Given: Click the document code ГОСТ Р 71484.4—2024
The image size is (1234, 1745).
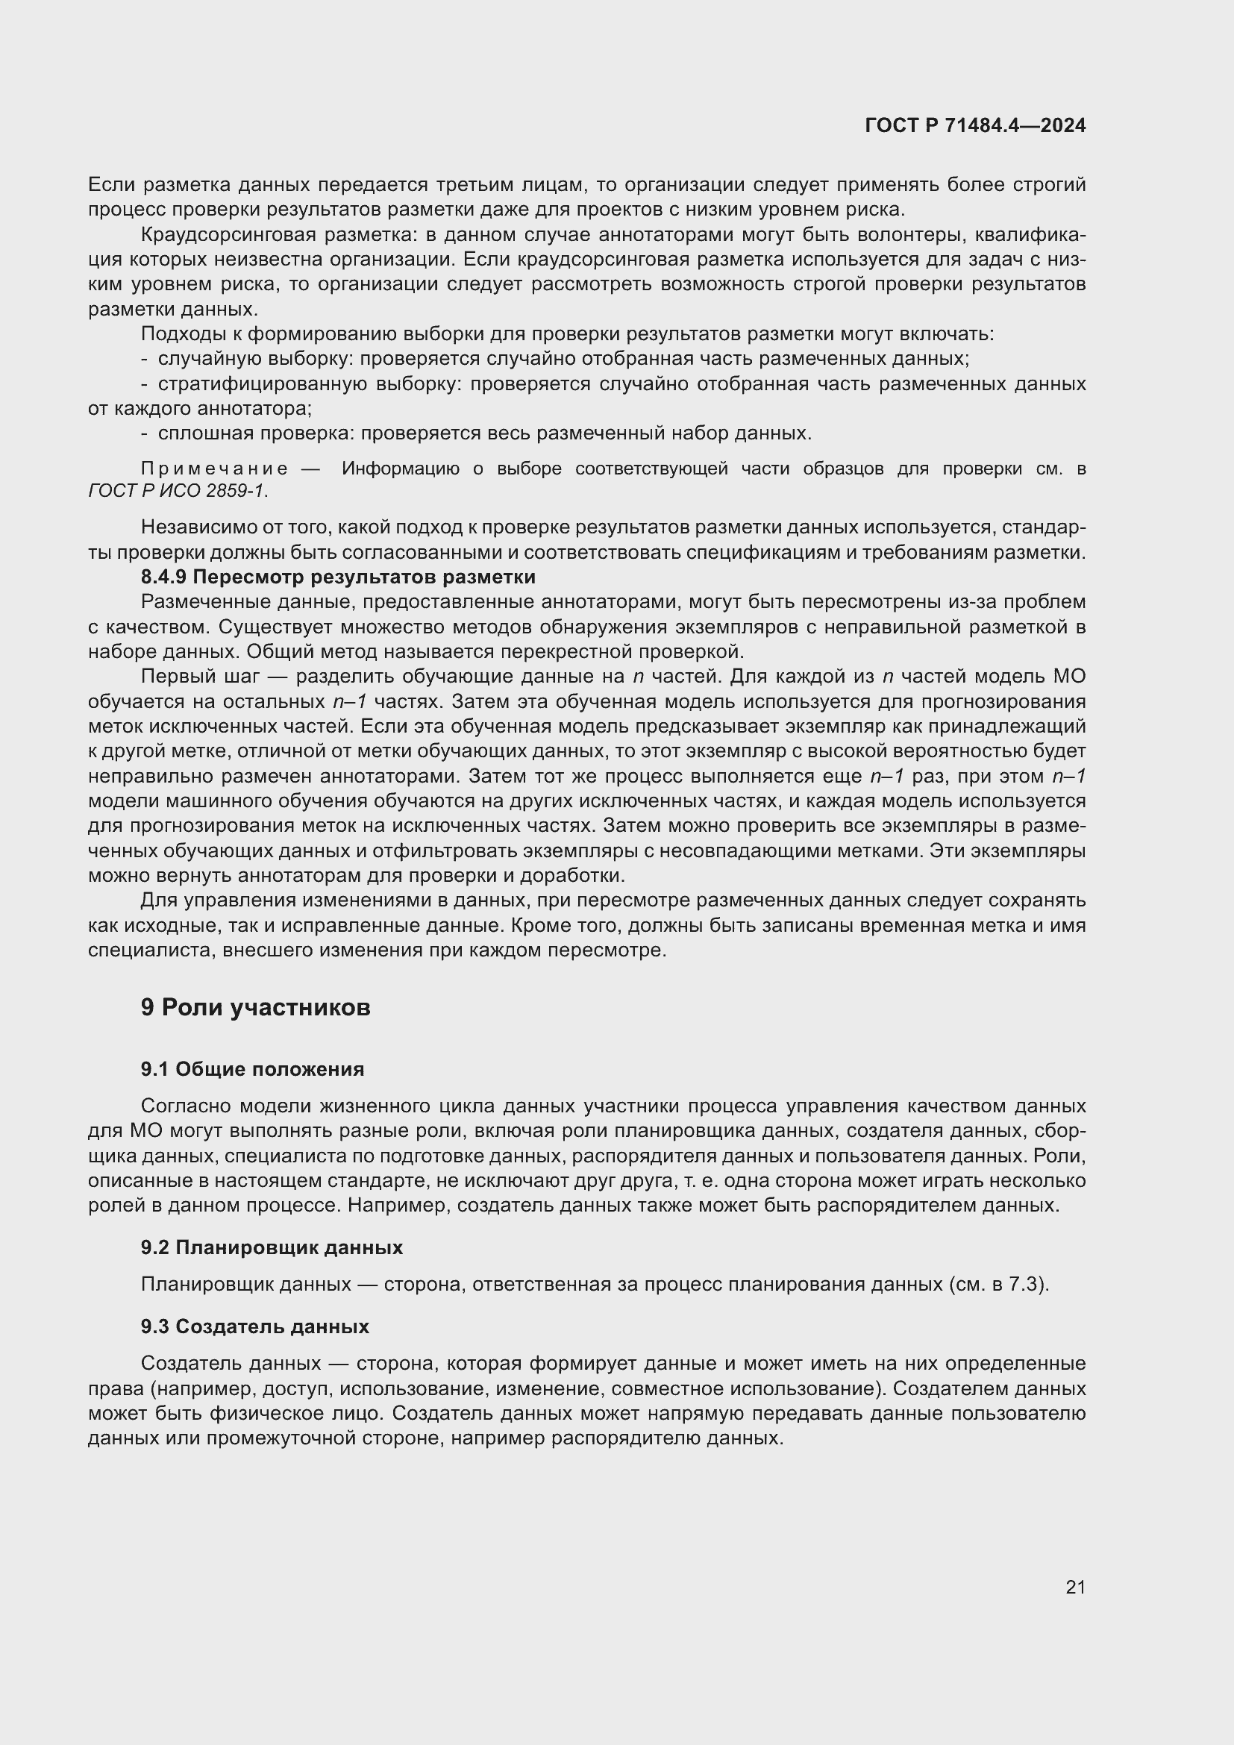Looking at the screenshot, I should coord(975,125).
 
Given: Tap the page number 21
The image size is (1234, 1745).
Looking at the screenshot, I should coord(1075,1588).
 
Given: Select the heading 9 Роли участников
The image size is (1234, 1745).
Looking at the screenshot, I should coord(255,1008).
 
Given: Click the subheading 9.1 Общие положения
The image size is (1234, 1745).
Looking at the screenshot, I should coord(252,1069).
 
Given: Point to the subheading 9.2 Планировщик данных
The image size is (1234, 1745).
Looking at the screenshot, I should coord(272,1248).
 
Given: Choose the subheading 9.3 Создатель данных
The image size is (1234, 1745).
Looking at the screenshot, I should coord(254,1327).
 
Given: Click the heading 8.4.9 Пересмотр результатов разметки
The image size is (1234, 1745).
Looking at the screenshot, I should coord(338,577).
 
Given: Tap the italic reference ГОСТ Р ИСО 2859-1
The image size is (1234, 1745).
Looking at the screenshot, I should coord(177,491).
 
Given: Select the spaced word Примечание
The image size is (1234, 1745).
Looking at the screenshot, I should coord(214,469).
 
